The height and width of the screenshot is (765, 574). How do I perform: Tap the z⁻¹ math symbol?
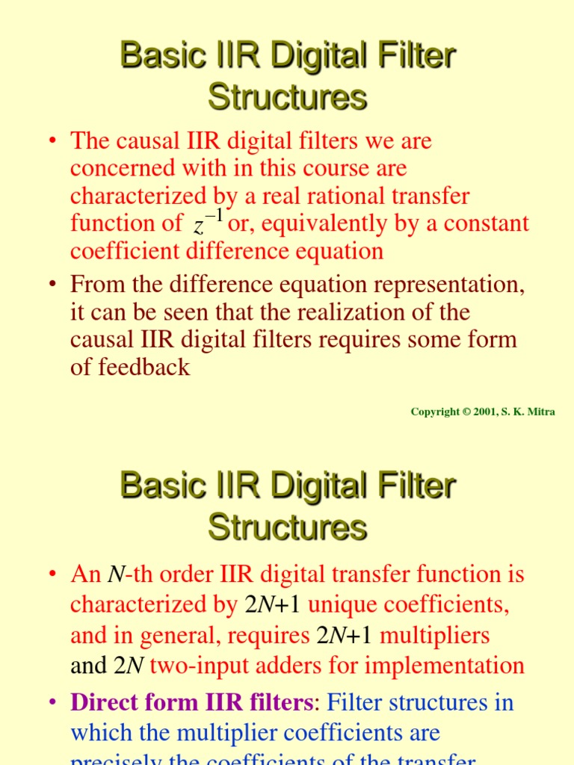click(x=209, y=222)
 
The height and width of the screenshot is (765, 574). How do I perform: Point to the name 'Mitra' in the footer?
click(x=540, y=412)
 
